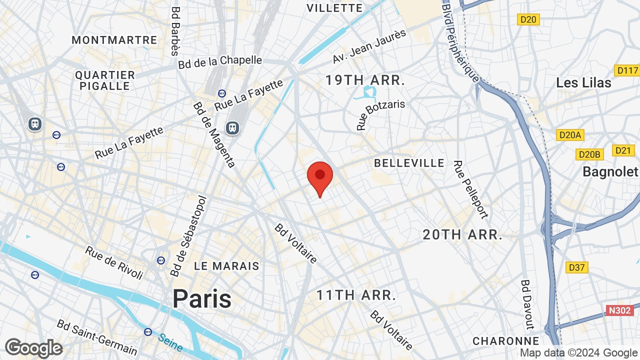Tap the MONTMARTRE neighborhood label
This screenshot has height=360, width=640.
tap(114, 40)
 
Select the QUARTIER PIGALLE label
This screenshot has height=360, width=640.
tap(105, 80)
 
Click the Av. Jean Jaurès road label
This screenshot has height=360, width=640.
tap(369, 46)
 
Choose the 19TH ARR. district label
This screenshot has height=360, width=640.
tap(365, 80)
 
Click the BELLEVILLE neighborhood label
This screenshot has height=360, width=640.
tap(409, 163)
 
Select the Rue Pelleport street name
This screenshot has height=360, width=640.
tap(470, 189)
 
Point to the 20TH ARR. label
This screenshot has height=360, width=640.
tap(462, 234)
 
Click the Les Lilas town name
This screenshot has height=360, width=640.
tap(584, 82)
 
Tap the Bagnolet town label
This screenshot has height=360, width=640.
tap(610, 172)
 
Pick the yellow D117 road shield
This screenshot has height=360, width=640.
tap(627, 70)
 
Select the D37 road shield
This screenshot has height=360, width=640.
tap(576, 267)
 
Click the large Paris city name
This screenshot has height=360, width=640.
tap(202, 298)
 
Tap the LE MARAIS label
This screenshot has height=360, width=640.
tap(226, 266)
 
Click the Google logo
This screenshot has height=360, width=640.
tap(33, 348)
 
